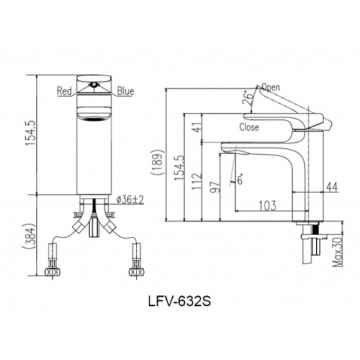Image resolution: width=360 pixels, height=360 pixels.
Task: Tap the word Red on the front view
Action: coord(65,91)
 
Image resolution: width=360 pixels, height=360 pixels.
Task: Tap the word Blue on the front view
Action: coord(125,91)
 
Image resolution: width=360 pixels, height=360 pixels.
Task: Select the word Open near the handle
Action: coord(271,87)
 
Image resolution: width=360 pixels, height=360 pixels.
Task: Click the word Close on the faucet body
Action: coord(249,127)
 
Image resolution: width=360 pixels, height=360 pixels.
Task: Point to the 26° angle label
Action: coord(246,98)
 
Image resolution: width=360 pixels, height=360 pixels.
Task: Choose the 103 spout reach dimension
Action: coord(268,205)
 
